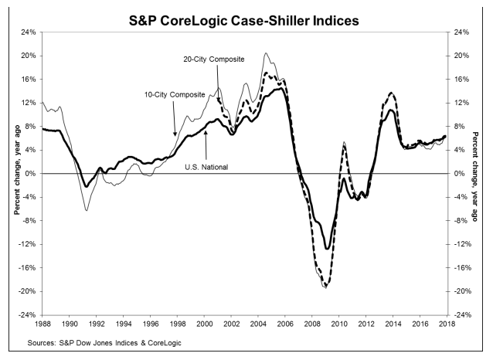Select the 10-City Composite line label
click(x=174, y=94)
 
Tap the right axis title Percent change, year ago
click(x=479, y=173)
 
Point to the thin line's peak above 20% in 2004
click(x=266, y=53)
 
